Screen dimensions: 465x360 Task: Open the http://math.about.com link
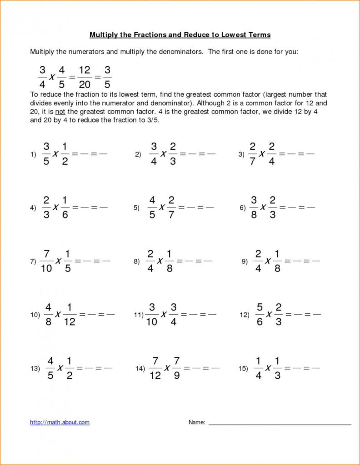(x=60, y=422)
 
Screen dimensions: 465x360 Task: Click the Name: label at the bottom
(x=197, y=422)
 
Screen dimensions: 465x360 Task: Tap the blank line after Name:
(x=280, y=424)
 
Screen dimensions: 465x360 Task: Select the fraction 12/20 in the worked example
(x=85, y=77)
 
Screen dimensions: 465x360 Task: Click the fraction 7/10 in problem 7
(x=46, y=261)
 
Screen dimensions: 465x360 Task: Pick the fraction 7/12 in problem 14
(x=155, y=368)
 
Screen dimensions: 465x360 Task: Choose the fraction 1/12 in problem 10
(x=70, y=314)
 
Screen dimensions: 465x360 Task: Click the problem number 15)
(x=243, y=369)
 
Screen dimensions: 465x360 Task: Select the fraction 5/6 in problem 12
(x=259, y=314)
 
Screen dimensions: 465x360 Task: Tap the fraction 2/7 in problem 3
(x=252, y=154)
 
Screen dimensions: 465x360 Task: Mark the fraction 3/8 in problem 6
(x=254, y=207)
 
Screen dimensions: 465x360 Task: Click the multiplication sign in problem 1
(x=55, y=154)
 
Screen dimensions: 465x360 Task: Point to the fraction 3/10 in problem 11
(x=152, y=314)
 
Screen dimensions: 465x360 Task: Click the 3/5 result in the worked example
(x=107, y=77)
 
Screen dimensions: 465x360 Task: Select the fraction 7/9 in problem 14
(x=177, y=368)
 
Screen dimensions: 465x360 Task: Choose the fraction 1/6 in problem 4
(x=65, y=207)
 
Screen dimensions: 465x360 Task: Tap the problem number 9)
(x=245, y=262)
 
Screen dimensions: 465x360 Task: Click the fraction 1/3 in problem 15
(x=277, y=368)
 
